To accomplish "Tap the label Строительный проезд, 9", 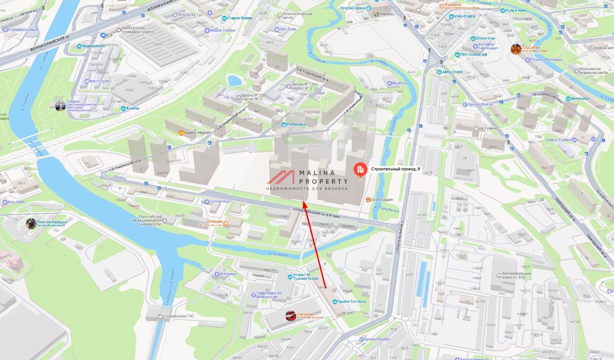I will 395,169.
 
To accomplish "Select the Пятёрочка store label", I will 296,124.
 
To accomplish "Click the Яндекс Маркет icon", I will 181,133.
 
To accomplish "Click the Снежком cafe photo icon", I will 291,316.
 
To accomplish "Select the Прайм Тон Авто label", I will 352,301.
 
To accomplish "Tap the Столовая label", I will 214,222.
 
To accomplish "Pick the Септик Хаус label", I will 220,202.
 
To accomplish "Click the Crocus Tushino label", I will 558,140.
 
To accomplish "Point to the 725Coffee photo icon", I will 516,49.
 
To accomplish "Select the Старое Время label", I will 240,18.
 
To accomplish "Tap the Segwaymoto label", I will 94,46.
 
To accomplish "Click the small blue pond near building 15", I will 234,81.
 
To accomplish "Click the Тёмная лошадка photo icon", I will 31,223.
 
